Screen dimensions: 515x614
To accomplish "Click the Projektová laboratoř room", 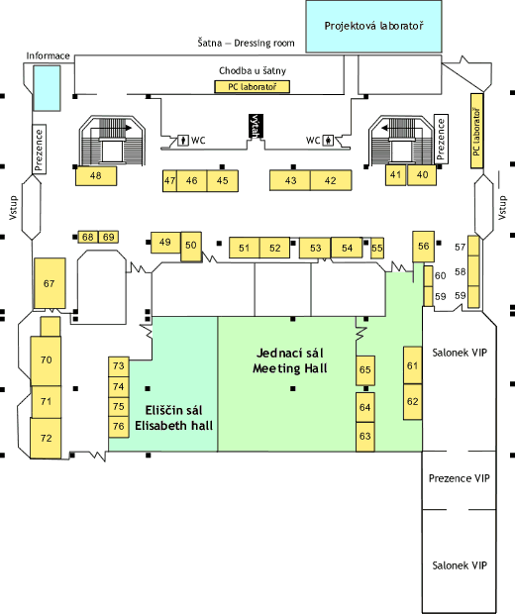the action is pyautogui.click(x=373, y=26).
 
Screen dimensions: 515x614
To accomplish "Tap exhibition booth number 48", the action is pyautogui.click(x=96, y=176).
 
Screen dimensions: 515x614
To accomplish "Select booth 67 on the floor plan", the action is pyautogui.click(x=50, y=283).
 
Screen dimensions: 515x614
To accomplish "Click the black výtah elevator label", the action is pyautogui.click(x=256, y=126).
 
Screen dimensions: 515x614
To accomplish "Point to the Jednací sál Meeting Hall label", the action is pyautogui.click(x=290, y=360).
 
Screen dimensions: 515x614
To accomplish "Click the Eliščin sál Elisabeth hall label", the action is pyautogui.click(x=174, y=418).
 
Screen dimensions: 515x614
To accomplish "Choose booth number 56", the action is pyautogui.click(x=423, y=247).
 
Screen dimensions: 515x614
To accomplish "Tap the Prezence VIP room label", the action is pyautogui.click(x=459, y=478).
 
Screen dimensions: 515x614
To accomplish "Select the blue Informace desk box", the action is pyautogui.click(x=47, y=88).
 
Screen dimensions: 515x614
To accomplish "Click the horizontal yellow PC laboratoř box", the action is pyautogui.click(x=253, y=87).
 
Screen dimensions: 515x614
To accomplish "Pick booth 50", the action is pyautogui.click(x=191, y=247).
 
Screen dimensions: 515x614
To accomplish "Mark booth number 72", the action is pyautogui.click(x=46, y=438).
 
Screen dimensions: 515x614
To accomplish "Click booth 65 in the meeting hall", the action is pyautogui.click(x=365, y=370).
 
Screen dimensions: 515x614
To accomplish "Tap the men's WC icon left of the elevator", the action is pyautogui.click(x=183, y=140).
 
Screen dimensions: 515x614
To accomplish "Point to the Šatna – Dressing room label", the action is pyautogui.click(x=246, y=43).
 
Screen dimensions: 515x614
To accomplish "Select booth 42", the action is pyautogui.click(x=331, y=180).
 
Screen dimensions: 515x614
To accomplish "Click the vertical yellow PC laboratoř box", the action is pyautogui.click(x=476, y=131).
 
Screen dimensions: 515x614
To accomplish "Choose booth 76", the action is pyautogui.click(x=119, y=427).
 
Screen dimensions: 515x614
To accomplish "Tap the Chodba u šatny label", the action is pyautogui.click(x=253, y=71).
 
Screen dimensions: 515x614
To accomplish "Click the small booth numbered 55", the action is pyautogui.click(x=377, y=249).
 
